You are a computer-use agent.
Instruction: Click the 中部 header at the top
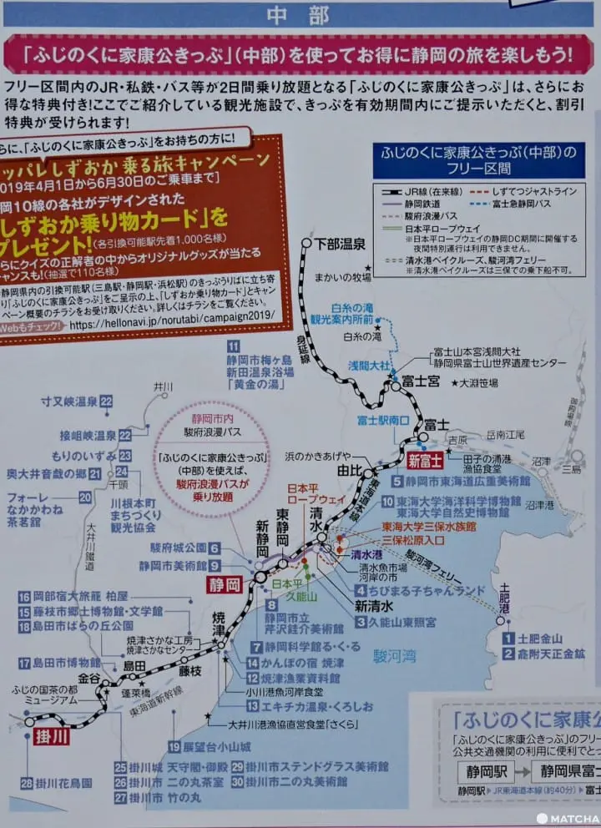coord(300,15)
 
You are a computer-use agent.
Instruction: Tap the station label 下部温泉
coord(341,245)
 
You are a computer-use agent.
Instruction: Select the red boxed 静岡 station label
coord(225,584)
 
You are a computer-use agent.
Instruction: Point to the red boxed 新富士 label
coord(425,461)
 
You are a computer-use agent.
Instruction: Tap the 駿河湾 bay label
coord(396,655)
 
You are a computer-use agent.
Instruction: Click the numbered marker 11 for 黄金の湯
coord(234,346)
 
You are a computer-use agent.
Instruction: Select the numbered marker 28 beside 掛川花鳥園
coord(28,784)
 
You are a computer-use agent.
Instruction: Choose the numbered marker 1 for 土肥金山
coord(508,639)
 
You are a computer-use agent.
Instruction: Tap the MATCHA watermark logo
coord(568,817)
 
